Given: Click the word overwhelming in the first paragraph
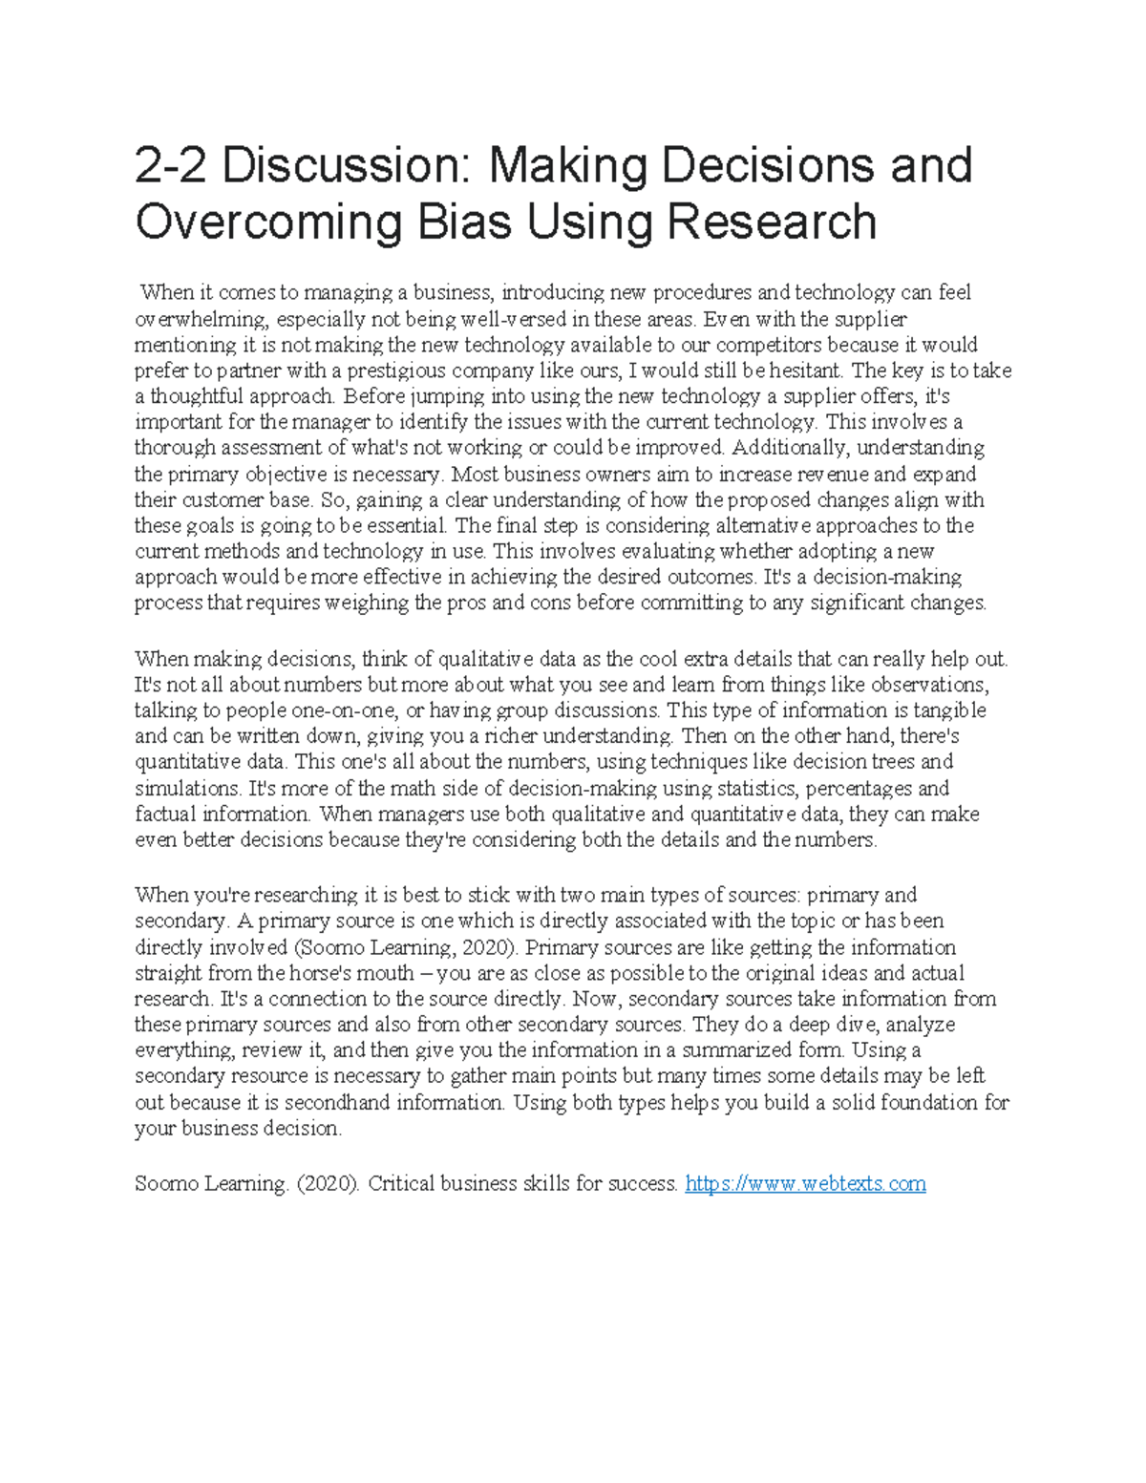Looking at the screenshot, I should click(201, 319).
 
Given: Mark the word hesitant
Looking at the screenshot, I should click(799, 371).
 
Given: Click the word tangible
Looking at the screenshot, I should click(945, 711).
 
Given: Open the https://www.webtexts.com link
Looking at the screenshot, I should click(806, 1185).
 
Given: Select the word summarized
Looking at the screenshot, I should click(738, 1051).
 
